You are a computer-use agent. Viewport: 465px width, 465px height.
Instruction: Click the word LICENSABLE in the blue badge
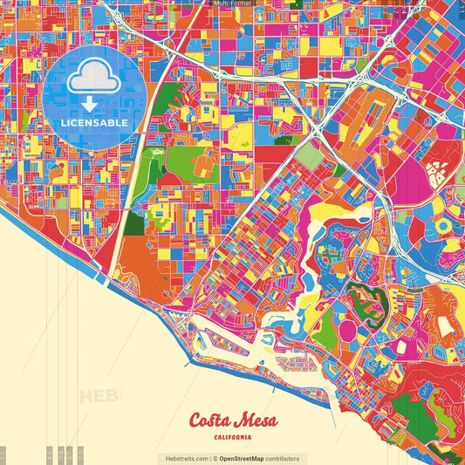tap(94, 123)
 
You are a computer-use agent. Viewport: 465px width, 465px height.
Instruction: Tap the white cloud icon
tap(93, 80)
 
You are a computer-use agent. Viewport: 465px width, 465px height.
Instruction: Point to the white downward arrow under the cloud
tap(93, 103)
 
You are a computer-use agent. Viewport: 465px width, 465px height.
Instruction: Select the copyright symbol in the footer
tap(215, 458)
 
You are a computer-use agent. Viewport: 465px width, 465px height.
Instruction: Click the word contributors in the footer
tap(283, 458)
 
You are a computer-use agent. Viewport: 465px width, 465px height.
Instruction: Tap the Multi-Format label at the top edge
tap(231, 3)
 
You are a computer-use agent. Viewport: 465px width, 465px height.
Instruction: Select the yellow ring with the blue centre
tap(444, 225)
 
